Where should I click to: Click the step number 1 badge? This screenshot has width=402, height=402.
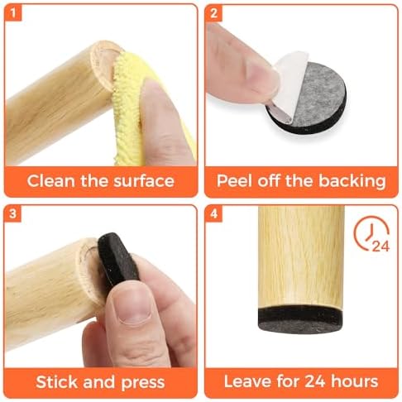pos(13,13)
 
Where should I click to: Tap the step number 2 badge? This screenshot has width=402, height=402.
pos(213,13)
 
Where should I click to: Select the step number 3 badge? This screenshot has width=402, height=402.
pos(13,213)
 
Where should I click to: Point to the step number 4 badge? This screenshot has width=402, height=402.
pos(213,213)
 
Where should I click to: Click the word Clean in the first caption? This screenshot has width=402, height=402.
pos(50,181)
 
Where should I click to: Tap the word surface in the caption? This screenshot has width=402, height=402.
pos(144,181)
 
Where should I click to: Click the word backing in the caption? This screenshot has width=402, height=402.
pos(352,181)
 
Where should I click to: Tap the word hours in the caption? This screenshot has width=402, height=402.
pos(354,381)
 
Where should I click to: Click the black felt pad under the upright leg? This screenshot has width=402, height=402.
pos(301,319)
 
